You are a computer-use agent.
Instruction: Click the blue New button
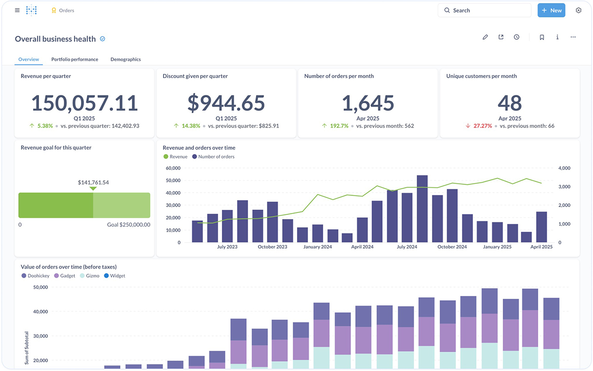[x=551, y=10]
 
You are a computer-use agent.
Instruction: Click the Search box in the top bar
[x=484, y=10]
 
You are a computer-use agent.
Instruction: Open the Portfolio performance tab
[x=75, y=59]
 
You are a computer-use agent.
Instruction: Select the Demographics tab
[x=126, y=59]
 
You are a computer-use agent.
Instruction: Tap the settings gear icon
[x=579, y=10]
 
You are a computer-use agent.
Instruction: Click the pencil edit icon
[x=485, y=37]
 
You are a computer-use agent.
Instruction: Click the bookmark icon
[x=542, y=37]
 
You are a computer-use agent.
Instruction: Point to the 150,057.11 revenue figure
[x=85, y=103]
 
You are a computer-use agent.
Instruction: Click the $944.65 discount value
[x=226, y=103]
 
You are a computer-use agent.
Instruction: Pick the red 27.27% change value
[x=483, y=126]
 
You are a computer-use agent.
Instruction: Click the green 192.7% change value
[x=339, y=126]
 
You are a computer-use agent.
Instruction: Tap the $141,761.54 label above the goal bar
[x=93, y=182]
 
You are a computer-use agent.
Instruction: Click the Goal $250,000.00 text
[x=128, y=225]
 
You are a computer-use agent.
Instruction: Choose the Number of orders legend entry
[x=216, y=157]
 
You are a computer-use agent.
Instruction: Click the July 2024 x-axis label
[x=407, y=247]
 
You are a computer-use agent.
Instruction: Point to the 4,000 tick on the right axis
[x=564, y=168]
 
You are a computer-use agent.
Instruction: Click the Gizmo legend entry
[x=92, y=276]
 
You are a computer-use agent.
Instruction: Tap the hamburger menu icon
[x=17, y=10]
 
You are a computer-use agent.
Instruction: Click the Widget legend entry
[x=117, y=276]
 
